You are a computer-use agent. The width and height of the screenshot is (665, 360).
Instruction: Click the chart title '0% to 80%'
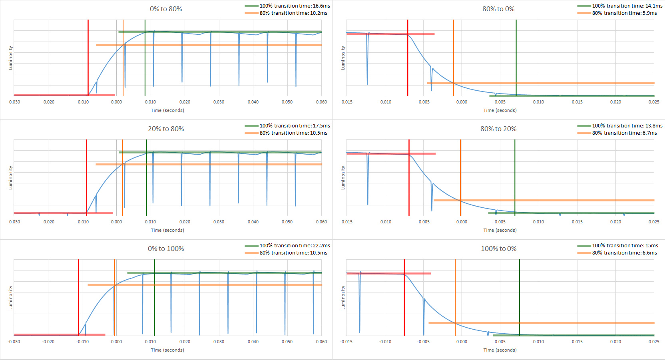point(166,9)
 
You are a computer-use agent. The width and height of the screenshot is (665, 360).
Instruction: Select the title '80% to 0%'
point(498,9)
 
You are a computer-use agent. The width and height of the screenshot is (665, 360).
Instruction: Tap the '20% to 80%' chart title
point(166,129)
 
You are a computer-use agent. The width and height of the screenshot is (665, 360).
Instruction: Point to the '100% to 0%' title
point(498,249)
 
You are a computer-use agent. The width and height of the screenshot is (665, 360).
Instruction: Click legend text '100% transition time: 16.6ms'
point(295,6)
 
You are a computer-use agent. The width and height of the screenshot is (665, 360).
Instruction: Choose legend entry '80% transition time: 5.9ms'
point(624,13)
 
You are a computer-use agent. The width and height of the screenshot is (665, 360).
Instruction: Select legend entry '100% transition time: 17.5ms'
point(295,126)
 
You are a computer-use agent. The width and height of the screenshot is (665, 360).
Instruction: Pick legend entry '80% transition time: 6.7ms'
point(624,133)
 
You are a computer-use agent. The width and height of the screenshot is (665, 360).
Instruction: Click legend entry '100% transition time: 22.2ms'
point(295,246)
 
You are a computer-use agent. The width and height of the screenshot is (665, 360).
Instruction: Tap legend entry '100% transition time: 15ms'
point(625,246)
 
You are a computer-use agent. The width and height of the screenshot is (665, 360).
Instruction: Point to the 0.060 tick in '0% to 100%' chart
point(321,342)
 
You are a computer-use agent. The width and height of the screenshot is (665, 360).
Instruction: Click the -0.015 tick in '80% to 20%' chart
point(346,222)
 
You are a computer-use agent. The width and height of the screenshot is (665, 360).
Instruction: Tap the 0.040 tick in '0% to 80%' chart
point(253,102)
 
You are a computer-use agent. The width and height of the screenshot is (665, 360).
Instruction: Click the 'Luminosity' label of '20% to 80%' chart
point(11,177)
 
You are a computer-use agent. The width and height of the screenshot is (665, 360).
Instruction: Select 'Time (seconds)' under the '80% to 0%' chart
point(500,110)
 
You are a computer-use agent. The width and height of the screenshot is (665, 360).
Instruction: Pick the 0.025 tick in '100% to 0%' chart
point(654,342)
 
